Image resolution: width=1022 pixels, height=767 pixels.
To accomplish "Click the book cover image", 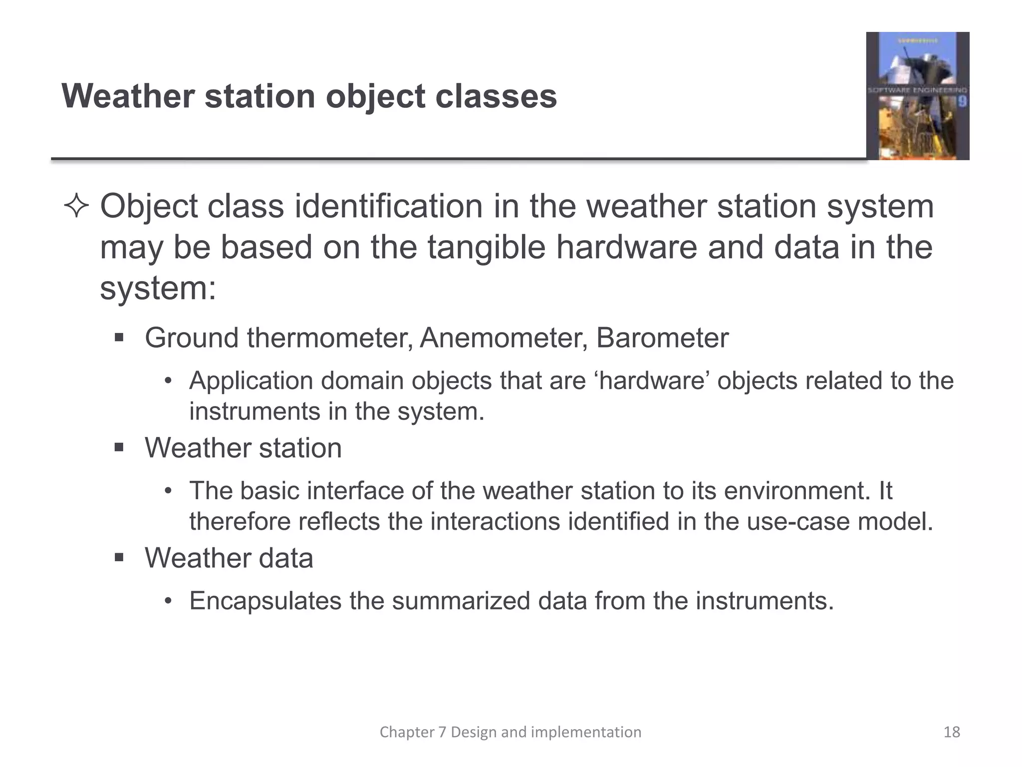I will (917, 96).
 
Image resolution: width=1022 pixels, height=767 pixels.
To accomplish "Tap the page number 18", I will (952, 732).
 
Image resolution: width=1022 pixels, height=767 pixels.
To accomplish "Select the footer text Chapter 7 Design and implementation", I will (510, 732).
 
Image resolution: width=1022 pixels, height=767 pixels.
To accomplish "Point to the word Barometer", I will (662, 338).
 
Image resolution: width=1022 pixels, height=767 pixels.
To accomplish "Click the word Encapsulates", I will (264, 601).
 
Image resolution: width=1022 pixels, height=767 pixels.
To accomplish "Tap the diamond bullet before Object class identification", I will (76, 207).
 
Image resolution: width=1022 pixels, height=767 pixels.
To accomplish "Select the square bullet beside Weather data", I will (119, 557).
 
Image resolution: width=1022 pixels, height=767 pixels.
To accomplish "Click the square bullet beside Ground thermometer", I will (119, 338).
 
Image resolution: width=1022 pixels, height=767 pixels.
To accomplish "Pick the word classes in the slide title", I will (496, 96).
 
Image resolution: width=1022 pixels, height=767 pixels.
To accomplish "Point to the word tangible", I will (486, 248).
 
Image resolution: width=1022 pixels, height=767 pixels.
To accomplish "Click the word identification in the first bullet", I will (389, 207).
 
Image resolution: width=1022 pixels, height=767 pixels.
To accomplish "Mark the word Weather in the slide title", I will (128, 96).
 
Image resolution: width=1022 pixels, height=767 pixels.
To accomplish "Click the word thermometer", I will (329, 338).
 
